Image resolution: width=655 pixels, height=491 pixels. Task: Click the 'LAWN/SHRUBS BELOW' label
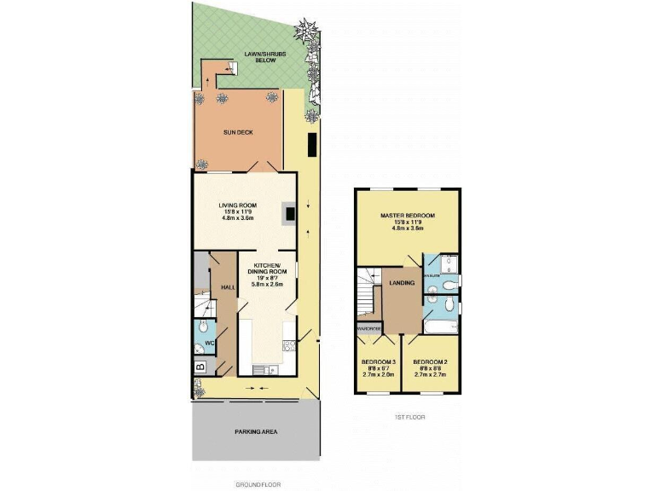coord(264,58)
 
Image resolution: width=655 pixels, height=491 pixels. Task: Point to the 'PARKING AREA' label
coord(256,431)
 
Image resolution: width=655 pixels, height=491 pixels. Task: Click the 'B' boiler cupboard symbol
coord(200,367)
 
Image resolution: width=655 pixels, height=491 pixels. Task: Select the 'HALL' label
coord(228,288)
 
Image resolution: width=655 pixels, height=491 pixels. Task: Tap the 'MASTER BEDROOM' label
coord(408,216)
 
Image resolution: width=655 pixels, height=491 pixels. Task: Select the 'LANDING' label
coord(402,283)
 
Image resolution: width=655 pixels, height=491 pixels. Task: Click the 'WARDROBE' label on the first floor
coord(368,326)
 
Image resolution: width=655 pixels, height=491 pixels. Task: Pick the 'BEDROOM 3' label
coord(379,361)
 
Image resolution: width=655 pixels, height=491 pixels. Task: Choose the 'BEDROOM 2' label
coord(431,361)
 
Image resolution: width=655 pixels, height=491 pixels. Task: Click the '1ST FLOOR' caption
coord(409,418)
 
